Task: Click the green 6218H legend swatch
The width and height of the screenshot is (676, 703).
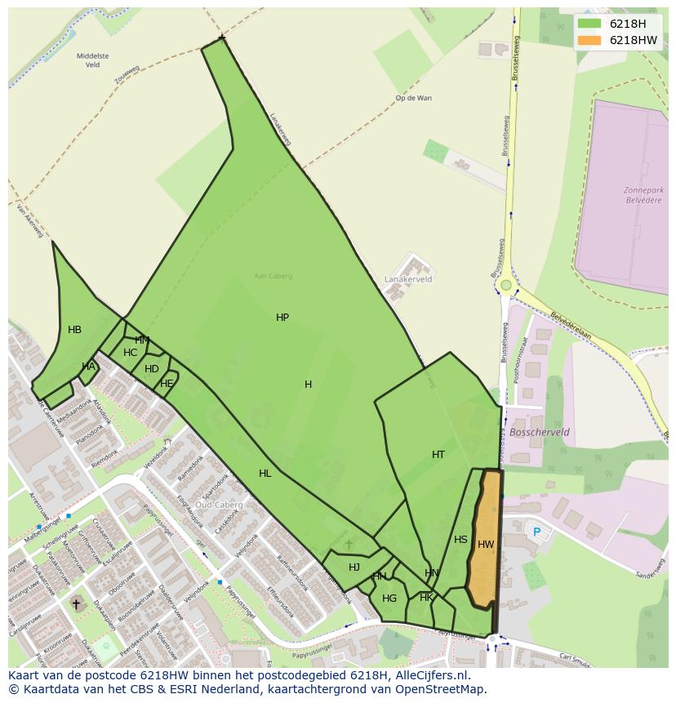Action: (x=589, y=24)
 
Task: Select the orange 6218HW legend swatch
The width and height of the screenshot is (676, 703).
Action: (x=589, y=40)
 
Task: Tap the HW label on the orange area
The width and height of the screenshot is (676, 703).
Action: (x=486, y=545)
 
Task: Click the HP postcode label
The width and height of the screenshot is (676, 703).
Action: (x=282, y=318)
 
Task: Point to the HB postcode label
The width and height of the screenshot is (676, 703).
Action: (x=74, y=330)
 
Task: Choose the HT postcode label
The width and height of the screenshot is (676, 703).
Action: (x=438, y=455)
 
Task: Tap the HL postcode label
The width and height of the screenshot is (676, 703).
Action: (x=265, y=474)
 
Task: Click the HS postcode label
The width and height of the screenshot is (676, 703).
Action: (x=460, y=540)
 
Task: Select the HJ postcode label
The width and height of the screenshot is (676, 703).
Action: (x=354, y=567)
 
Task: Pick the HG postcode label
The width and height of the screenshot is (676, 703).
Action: (x=389, y=598)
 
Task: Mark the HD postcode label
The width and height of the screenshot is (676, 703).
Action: (x=152, y=369)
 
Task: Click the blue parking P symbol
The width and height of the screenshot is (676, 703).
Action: (x=536, y=532)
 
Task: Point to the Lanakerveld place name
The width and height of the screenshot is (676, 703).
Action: (x=408, y=279)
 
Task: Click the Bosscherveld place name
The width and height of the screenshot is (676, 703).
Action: (x=539, y=432)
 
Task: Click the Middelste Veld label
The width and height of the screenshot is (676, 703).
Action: (x=91, y=60)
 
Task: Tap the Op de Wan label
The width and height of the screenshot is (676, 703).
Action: (x=413, y=98)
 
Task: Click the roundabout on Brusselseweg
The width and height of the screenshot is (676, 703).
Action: (x=506, y=285)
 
